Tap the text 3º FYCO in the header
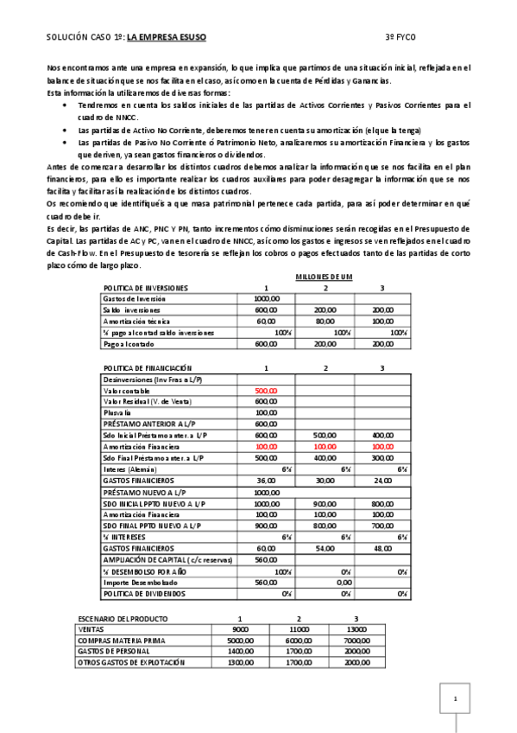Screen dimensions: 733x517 (402, 38)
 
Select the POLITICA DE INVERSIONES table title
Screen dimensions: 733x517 (145, 288)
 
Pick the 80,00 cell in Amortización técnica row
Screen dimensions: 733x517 (325, 321)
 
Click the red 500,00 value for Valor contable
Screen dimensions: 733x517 (266, 390)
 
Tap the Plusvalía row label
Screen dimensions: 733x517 (119, 412)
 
